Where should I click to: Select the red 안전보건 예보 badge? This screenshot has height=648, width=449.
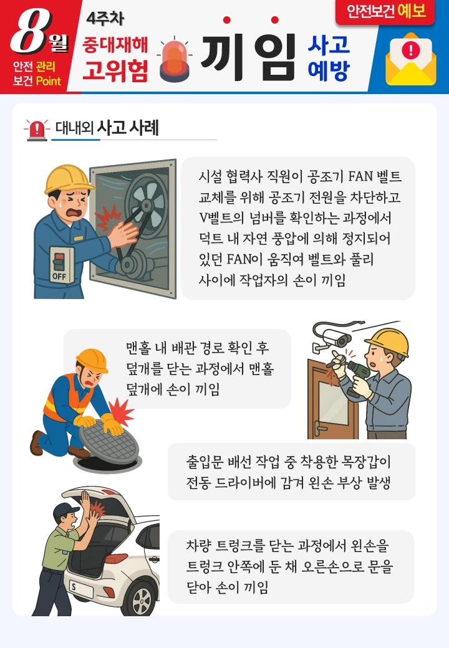(385, 11)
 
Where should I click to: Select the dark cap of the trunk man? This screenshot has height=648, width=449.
(65, 511)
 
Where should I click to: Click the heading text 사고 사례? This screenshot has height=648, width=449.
(128, 128)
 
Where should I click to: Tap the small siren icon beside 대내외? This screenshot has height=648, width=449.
(37, 130)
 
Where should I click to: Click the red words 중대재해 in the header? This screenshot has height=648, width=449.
(115, 44)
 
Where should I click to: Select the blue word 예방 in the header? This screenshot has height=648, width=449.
(329, 70)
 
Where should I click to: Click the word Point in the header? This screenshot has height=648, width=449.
(49, 80)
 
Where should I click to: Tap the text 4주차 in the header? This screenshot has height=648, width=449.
(105, 18)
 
